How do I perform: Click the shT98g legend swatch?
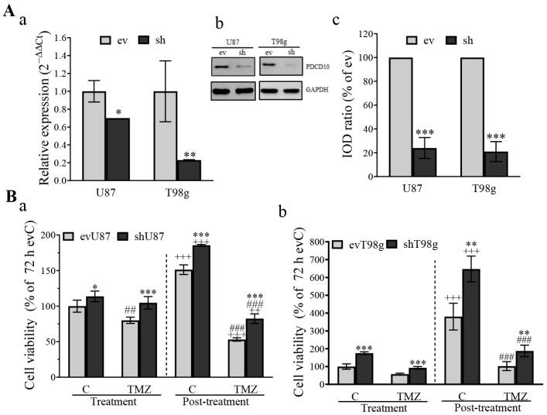396,245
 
